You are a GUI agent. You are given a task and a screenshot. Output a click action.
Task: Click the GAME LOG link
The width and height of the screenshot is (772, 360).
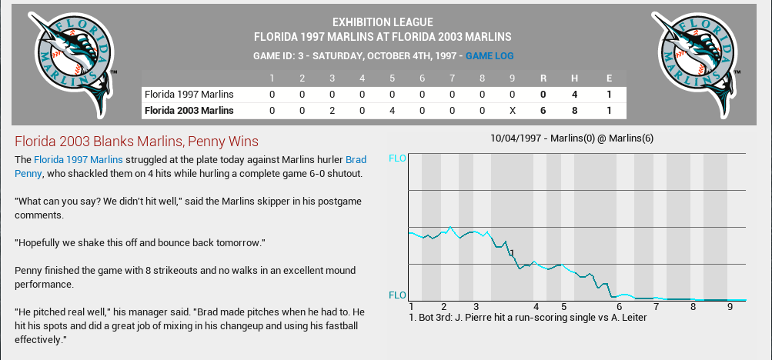click(490, 56)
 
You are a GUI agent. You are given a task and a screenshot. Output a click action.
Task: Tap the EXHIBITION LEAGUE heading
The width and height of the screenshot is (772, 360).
click(383, 22)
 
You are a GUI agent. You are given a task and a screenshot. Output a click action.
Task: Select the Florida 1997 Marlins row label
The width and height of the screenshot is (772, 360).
click(189, 94)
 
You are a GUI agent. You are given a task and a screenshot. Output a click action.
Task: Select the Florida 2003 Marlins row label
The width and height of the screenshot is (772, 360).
click(189, 111)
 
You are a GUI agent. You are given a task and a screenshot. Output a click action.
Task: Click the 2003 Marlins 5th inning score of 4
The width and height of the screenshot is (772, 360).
click(392, 111)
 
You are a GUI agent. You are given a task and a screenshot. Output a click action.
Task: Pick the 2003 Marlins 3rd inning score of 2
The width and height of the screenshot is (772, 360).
click(332, 111)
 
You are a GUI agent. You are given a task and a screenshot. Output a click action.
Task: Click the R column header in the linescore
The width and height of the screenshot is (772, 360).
click(543, 78)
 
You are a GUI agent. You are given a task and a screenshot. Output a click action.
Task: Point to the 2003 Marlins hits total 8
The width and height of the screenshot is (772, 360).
click(573, 111)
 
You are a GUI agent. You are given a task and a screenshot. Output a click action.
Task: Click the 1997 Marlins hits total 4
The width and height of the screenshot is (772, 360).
click(573, 94)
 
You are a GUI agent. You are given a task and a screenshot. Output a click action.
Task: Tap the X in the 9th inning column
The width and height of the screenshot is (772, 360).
click(513, 111)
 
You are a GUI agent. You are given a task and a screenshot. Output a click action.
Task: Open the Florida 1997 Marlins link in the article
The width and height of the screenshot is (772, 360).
click(78, 160)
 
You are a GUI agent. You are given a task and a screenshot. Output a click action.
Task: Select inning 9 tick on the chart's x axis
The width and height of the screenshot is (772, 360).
click(730, 306)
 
